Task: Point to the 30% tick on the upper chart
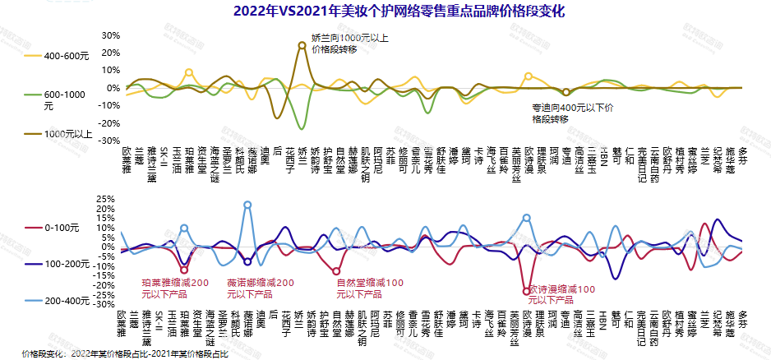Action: point(110,35)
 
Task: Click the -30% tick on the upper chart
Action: point(108,141)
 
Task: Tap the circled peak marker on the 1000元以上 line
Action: point(302,46)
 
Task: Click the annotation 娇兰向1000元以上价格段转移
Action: point(350,44)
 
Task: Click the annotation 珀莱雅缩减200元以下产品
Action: point(175,288)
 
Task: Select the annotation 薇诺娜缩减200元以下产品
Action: point(260,288)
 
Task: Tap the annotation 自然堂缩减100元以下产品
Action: point(370,288)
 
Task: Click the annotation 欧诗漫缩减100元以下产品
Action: point(561,289)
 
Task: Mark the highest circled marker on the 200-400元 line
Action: point(247,205)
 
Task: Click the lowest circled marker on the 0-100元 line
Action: point(526,291)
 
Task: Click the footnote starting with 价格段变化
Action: point(124,353)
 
